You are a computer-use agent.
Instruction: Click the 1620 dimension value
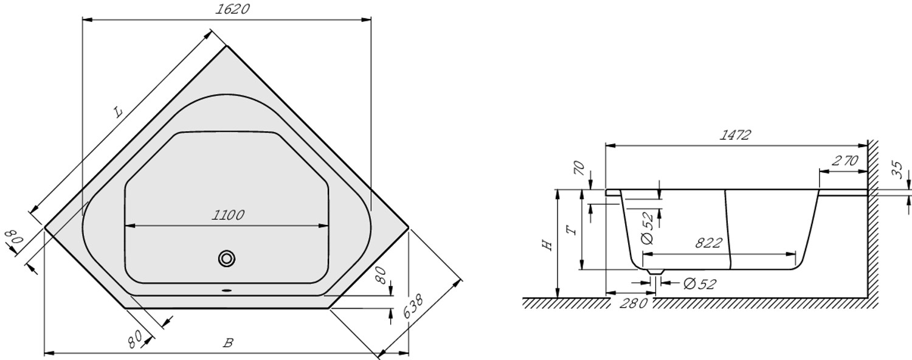(232, 9)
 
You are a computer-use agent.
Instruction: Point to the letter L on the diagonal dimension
(118, 111)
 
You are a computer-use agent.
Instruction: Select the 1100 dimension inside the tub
(228, 215)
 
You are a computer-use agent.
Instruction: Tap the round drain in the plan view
(227, 258)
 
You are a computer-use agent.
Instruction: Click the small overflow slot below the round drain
(227, 290)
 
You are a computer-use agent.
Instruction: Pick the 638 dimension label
(413, 306)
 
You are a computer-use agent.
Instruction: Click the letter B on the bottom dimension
(228, 342)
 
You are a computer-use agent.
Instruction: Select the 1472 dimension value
(735, 135)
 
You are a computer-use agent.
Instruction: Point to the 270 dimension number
(845, 161)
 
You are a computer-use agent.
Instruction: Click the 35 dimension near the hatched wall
(897, 170)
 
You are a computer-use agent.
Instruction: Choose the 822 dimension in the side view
(708, 243)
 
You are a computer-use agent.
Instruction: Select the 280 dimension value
(633, 303)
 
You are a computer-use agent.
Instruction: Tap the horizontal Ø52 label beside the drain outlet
(699, 283)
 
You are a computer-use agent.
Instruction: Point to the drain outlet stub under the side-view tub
(655, 272)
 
